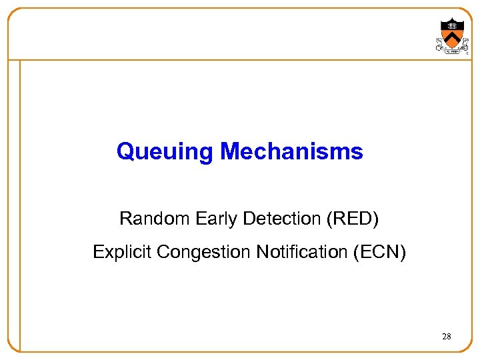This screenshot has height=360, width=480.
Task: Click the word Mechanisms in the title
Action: [x=291, y=151]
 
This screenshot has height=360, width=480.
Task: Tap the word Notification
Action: [x=297, y=252]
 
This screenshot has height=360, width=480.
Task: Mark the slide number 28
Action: [x=446, y=337]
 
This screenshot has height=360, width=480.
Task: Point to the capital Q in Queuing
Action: [x=125, y=151]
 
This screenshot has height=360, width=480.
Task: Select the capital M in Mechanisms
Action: [x=228, y=151]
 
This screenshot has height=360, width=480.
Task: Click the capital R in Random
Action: [x=125, y=218]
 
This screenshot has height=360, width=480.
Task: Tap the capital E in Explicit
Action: [x=97, y=252]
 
